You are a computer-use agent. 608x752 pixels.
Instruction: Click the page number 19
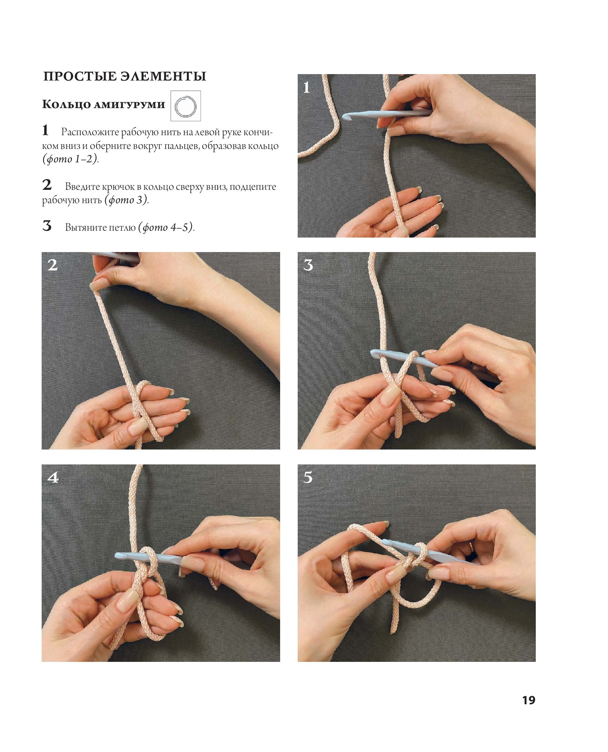point(529,700)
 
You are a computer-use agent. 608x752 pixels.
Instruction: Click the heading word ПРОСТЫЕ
point(80,76)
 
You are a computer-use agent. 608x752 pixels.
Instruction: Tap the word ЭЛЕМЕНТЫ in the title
point(163,76)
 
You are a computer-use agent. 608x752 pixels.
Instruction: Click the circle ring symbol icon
point(185,106)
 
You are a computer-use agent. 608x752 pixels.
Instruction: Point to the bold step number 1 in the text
point(45,130)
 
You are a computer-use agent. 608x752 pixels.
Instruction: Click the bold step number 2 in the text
point(47,185)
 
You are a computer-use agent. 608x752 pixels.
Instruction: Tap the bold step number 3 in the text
point(47,226)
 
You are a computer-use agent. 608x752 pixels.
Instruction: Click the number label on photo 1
point(306,87)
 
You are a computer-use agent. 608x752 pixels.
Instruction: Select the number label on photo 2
point(53,265)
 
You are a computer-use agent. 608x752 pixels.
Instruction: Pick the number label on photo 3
point(308,265)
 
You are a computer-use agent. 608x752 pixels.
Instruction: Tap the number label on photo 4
point(53,477)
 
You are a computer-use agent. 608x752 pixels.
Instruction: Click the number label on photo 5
point(308,477)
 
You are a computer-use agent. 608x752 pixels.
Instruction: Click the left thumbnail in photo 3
point(391,395)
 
